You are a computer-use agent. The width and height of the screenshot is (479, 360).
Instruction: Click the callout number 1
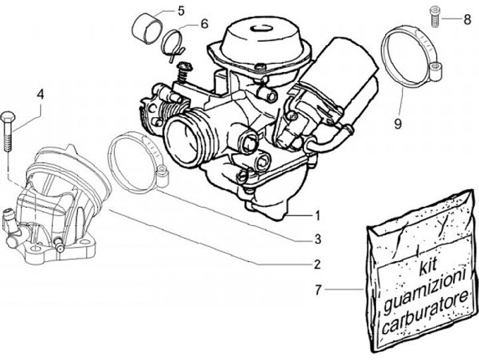pyautogui.click(x=318, y=215)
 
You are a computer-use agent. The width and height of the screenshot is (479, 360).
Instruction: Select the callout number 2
pyautogui.click(x=317, y=264)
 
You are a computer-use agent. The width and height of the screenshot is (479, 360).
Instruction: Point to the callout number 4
pyautogui.click(x=40, y=94)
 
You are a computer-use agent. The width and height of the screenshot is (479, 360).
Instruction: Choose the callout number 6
pyautogui.click(x=204, y=23)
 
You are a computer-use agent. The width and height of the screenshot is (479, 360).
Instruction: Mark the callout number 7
pyautogui.click(x=319, y=289)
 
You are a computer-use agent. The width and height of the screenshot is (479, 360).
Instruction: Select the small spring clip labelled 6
pyautogui.click(x=174, y=42)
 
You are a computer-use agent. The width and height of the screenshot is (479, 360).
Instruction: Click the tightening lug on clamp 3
pyautogui.click(x=162, y=176)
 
